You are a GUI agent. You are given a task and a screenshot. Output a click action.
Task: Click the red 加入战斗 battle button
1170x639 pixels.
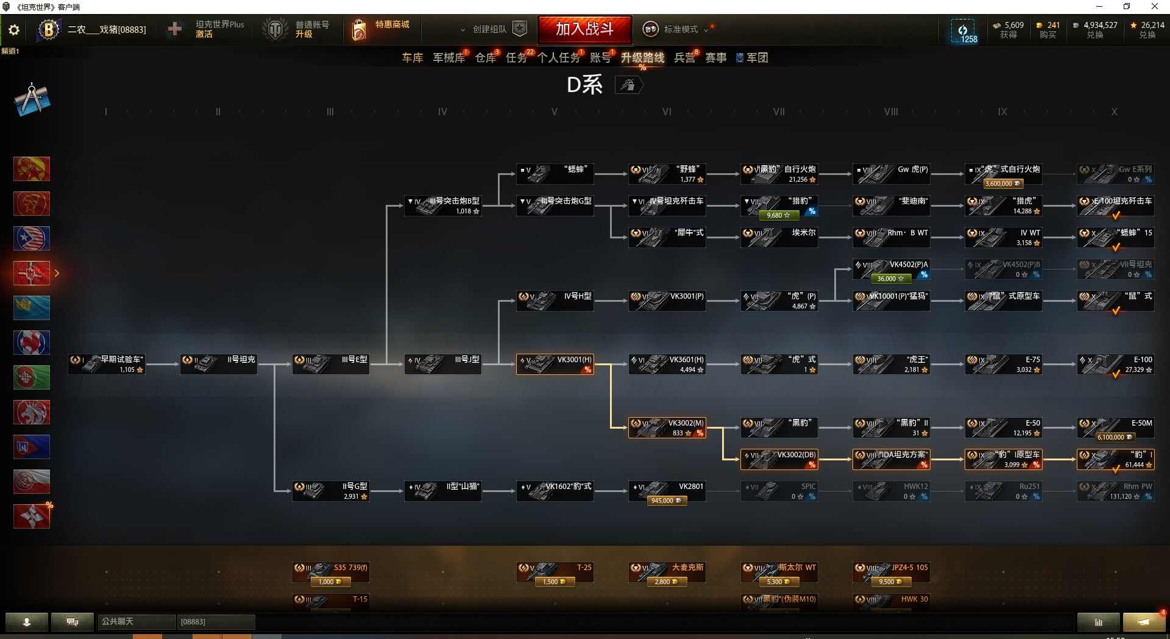pos(584,29)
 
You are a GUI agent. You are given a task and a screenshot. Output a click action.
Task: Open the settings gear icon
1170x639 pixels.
pos(14,30)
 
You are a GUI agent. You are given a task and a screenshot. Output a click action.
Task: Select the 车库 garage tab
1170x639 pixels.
pos(412,58)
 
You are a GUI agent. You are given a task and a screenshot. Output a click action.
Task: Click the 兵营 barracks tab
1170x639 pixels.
pos(684,58)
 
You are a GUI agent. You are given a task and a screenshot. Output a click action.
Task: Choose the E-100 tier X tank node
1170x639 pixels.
pos(1115,364)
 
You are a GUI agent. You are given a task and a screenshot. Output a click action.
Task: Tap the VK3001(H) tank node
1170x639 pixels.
pos(555,364)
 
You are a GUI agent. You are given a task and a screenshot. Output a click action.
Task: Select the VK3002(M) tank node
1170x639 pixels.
pos(667,427)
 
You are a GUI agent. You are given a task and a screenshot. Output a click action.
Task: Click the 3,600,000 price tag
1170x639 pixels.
pos(1002,184)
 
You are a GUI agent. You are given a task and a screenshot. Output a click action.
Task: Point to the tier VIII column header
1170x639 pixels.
pos(891,112)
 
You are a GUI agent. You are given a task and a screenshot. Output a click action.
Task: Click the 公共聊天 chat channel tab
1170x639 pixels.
pos(136,621)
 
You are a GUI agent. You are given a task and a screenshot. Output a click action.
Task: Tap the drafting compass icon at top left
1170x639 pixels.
pos(32,99)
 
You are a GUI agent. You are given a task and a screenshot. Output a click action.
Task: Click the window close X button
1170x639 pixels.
pos(1154,7)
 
